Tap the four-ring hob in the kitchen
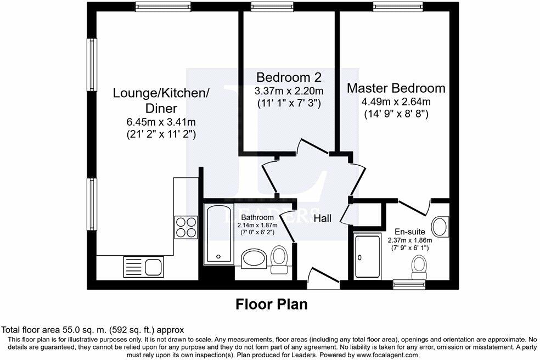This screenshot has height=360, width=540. (186, 226)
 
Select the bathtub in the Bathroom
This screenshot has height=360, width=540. (218, 233)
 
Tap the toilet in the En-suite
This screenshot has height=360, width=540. (420, 266)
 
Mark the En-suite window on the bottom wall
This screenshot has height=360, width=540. (409, 284)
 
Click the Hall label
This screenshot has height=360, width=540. (322, 218)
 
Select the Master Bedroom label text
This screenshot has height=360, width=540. (396, 88)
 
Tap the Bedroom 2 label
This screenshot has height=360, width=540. (289, 77)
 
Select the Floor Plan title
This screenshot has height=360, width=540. (272, 303)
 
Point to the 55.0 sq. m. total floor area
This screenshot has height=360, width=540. (80, 330)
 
